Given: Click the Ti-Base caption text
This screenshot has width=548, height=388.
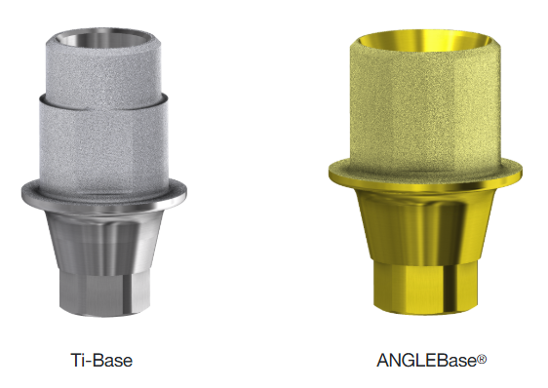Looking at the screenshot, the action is pos(101,360).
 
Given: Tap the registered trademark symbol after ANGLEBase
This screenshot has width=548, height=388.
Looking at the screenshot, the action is pos(482,359).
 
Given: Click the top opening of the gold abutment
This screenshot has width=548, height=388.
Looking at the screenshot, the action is pos(424,40).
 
